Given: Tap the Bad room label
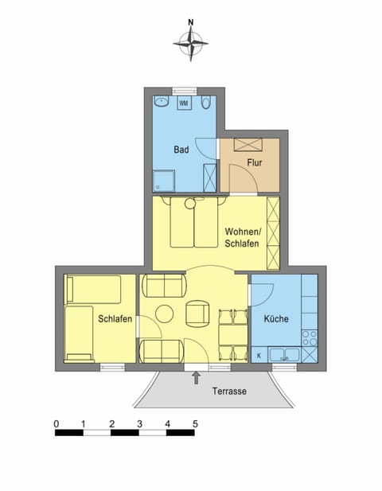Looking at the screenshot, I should [181, 149].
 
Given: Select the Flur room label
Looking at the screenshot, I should [254, 162].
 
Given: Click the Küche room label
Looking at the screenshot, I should [275, 319].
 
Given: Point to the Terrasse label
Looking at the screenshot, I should [229, 392].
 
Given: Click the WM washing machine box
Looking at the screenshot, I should [184, 103].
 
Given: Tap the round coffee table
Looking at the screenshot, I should [164, 314].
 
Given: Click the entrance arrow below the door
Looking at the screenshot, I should [196, 376].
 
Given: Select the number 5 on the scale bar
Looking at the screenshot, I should [195, 423].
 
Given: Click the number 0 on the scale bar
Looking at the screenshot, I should [56, 423].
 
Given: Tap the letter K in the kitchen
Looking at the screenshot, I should [259, 356].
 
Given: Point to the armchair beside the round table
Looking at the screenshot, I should [197, 313].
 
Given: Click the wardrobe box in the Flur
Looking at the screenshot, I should [250, 145].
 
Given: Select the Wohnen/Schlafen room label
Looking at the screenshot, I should [242, 236].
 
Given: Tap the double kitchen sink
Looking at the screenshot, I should [283, 354].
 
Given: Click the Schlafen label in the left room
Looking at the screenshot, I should [115, 318].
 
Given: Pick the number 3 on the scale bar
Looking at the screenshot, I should [139, 423].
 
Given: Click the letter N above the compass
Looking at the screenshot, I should [191, 23].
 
